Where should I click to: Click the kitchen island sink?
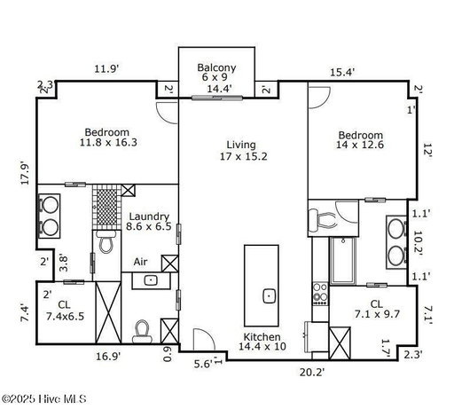click(x=270, y=295)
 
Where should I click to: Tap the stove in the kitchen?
click(x=320, y=295)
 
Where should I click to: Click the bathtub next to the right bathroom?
click(x=343, y=261)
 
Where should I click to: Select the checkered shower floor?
click(x=106, y=207)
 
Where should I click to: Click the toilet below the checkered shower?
click(x=106, y=241)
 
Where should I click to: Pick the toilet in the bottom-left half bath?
click(x=142, y=331)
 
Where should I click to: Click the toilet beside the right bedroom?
click(x=322, y=220)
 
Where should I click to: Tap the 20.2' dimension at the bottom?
click(x=312, y=372)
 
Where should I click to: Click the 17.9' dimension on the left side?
click(x=25, y=173)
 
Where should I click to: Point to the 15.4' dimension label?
click(x=342, y=72)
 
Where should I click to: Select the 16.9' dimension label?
click(x=108, y=357)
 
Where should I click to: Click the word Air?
click(x=140, y=262)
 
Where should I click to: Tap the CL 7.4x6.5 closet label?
click(x=65, y=311)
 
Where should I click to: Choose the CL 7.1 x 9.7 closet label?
click(x=377, y=309)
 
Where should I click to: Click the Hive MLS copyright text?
click(x=43, y=399)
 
